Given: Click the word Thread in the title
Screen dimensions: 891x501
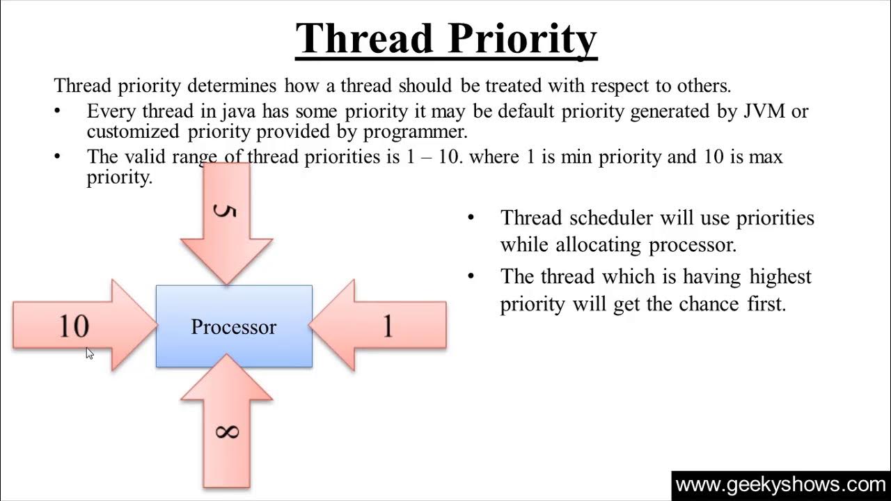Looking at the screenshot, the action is click(364, 38).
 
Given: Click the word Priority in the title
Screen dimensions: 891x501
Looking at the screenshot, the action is click(522, 40).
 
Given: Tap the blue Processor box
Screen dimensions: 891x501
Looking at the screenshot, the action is click(234, 326).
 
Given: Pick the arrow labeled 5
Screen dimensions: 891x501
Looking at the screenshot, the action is click(226, 223).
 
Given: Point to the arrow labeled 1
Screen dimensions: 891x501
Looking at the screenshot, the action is click(377, 325).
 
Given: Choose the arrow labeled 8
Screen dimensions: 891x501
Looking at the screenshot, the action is click(226, 421).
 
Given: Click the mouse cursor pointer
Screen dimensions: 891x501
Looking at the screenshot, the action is click(89, 353).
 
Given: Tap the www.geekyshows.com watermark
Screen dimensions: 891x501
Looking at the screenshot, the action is click(781, 485).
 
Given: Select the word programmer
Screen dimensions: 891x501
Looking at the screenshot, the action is click(416, 132).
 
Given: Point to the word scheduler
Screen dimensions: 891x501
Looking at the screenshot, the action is click(611, 218).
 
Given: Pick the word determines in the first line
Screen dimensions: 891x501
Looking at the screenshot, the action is click(232, 86).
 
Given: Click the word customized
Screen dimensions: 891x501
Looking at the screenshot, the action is click(133, 132).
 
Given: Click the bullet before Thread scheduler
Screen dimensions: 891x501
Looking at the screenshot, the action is click(471, 218).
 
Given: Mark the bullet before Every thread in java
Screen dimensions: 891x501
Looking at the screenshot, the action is click(58, 111).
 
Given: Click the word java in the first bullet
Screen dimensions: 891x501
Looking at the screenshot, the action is click(238, 112).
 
